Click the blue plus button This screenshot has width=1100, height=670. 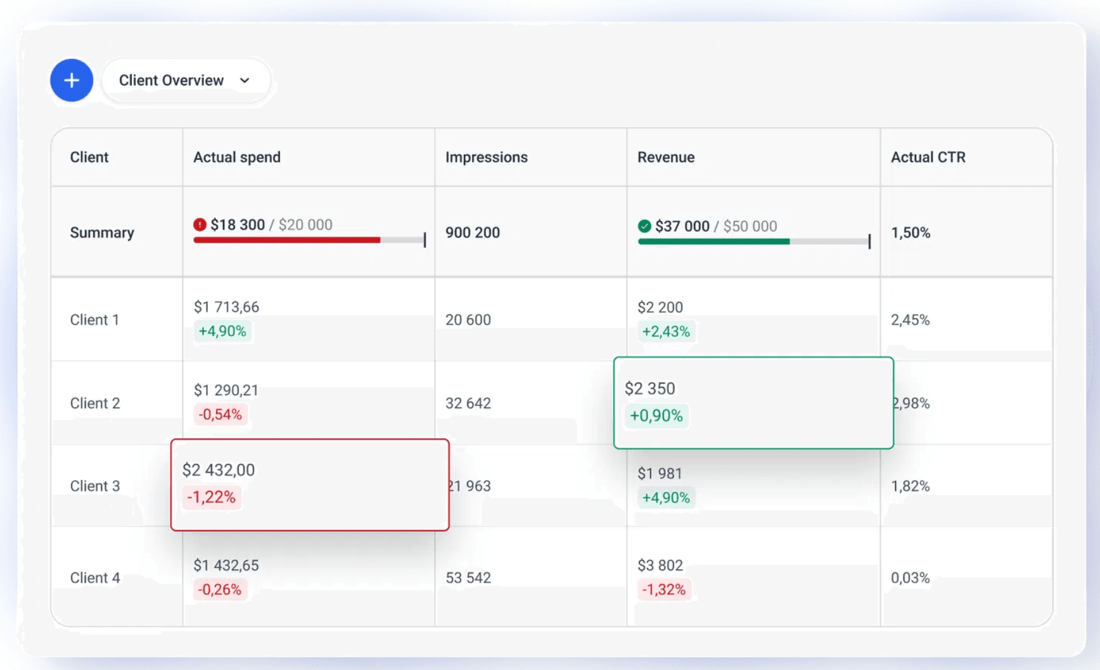pyautogui.click(x=72, y=80)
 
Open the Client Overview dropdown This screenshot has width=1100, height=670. pyautogui.click(x=185, y=80)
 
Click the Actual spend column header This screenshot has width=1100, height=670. pyautogui.click(x=237, y=157)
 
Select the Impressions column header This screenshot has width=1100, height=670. pyautogui.click(x=486, y=157)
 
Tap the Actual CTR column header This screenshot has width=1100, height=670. pyautogui.click(x=928, y=157)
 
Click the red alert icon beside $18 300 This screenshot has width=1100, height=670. pyautogui.click(x=200, y=225)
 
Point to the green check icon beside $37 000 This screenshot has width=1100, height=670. pyautogui.click(x=644, y=226)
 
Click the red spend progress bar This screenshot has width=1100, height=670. pyautogui.click(x=286, y=240)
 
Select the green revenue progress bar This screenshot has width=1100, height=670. pyautogui.click(x=713, y=241)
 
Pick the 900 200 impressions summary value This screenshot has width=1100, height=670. pyautogui.click(x=473, y=232)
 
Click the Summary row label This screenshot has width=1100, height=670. pyautogui.click(x=102, y=232)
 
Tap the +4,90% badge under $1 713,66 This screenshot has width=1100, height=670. pyautogui.click(x=222, y=331)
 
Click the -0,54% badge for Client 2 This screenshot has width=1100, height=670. pyautogui.click(x=221, y=415)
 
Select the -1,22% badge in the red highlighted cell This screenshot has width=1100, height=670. pyautogui.click(x=212, y=497)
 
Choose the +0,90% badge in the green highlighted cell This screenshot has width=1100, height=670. pyautogui.click(x=656, y=416)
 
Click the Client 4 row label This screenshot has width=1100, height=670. pyautogui.click(x=95, y=578)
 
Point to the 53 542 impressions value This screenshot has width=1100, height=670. pyautogui.click(x=468, y=578)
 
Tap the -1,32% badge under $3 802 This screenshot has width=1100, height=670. pyautogui.click(x=663, y=590)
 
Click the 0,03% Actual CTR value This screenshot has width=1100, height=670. pyautogui.click(x=910, y=578)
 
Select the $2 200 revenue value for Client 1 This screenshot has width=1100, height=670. pyautogui.click(x=660, y=307)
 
